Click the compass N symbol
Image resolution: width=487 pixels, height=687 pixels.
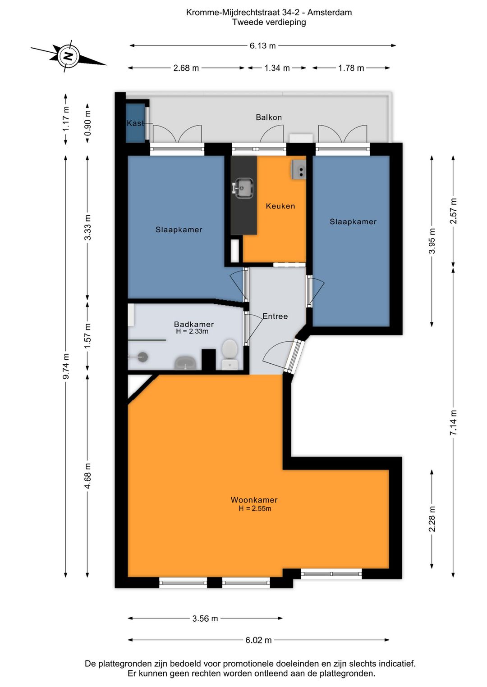point(68,56)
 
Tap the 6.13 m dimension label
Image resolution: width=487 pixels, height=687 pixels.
point(262,46)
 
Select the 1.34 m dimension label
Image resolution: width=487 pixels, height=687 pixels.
point(277,68)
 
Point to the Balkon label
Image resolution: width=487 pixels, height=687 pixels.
point(269,117)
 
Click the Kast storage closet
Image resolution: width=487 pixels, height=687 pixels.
point(135,123)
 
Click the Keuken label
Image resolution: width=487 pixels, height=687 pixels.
point(280,206)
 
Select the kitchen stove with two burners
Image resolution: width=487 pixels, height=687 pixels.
point(299,170)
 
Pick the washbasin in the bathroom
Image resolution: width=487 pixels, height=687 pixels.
point(186,363)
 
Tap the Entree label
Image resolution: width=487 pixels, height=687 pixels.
point(275,316)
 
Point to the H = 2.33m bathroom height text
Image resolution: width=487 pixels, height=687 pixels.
point(193,331)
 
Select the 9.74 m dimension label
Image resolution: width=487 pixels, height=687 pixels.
point(66,366)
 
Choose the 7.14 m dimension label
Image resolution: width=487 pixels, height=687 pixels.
point(454,422)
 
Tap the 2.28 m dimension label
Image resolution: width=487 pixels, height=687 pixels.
point(432,519)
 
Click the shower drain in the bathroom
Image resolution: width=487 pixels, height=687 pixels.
point(143,357)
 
